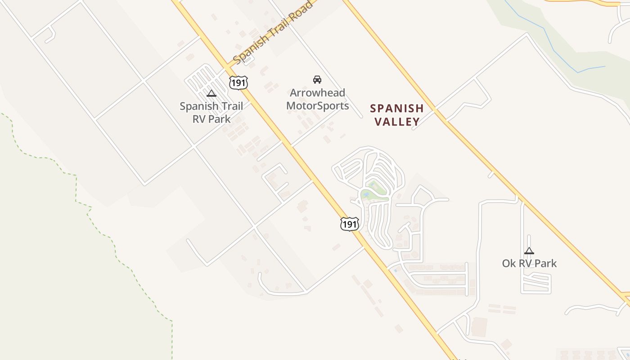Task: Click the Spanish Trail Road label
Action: [273, 32]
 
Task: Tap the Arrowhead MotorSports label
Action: [318, 99]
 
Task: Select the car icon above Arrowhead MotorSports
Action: [317, 80]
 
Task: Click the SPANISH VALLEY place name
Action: [397, 115]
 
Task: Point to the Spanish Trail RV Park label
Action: [211, 112]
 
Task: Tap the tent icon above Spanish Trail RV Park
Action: [211, 94]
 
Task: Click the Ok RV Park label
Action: [529, 263]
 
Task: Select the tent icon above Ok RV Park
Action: [529, 251]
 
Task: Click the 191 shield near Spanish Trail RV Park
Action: [238, 83]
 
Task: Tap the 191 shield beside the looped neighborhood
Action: [349, 224]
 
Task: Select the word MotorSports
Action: [318, 106]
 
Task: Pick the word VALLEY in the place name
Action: [397, 121]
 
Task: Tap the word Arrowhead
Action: [318, 93]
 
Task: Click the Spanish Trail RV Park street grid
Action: [205, 79]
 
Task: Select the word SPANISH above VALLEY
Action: [397, 108]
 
